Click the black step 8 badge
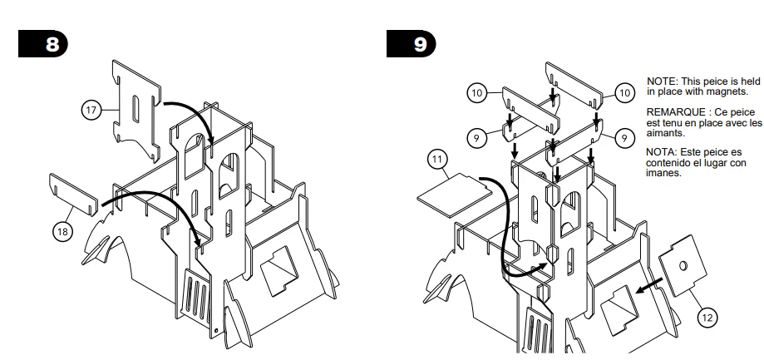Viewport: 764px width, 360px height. click(43, 44)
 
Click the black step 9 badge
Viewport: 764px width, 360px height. click(412, 44)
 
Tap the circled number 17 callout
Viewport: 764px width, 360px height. click(91, 110)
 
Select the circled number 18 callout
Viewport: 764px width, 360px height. click(63, 231)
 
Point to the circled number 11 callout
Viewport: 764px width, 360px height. click(437, 160)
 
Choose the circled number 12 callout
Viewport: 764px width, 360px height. click(707, 318)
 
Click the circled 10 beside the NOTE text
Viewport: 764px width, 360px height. click(624, 92)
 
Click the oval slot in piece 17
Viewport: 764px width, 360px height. click(136, 109)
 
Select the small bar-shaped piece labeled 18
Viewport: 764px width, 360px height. click(74, 194)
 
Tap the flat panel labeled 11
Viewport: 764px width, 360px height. click(455, 194)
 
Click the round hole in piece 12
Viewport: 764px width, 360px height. click(683, 265)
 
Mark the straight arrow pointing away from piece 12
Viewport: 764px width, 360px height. click(649, 286)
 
